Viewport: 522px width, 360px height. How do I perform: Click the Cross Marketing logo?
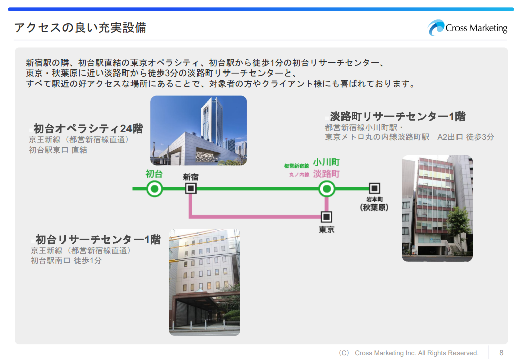click(468, 27)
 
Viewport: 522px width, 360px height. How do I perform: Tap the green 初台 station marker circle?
click(155, 189)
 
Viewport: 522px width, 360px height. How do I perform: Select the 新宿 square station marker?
click(191, 189)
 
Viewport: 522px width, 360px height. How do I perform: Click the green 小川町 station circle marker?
click(327, 189)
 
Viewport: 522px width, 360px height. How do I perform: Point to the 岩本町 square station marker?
click(374, 188)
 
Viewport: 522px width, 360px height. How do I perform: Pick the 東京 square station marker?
click(327, 217)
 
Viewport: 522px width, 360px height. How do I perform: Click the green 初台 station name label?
click(154, 174)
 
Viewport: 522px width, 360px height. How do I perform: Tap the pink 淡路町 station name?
click(327, 174)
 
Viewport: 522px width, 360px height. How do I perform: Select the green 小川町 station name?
click(327, 162)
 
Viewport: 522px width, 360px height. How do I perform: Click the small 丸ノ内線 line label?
click(299, 175)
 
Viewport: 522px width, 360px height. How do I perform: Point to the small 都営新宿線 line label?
click(296, 166)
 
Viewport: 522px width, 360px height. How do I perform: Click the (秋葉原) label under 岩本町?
click(374, 207)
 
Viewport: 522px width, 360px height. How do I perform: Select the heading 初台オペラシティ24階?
click(88, 129)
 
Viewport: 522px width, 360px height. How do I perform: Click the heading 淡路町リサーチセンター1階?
click(398, 116)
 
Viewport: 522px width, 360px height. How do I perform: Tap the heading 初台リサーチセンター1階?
click(98, 239)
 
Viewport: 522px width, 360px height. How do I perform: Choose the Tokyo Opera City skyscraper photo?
click(199, 130)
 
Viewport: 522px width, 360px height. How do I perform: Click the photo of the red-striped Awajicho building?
click(437, 208)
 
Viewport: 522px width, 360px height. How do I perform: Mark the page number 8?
click(501, 353)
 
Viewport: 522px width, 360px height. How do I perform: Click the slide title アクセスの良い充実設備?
click(80, 27)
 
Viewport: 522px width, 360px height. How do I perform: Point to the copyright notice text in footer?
click(409, 353)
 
